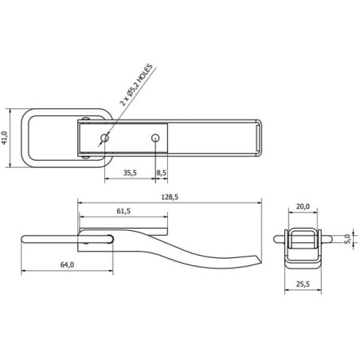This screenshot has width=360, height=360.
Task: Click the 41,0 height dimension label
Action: [5, 138]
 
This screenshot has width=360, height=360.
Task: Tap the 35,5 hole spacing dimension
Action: [130, 173]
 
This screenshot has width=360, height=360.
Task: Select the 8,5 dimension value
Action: [162, 173]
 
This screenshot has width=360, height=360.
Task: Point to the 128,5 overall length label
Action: [170, 197]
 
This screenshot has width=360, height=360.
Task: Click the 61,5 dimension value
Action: [123, 211]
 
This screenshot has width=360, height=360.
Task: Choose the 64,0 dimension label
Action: [67, 264]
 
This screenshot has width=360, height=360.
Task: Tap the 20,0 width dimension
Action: [303, 206]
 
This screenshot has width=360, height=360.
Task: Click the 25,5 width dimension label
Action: [303, 284]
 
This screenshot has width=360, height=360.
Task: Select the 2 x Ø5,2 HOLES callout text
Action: [136, 85]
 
